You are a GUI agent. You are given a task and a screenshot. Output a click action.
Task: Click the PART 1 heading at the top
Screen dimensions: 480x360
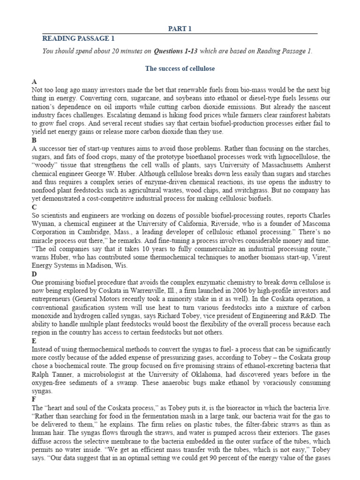tap(180, 29)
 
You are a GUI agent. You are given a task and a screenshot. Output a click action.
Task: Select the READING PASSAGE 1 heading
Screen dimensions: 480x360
tap(78, 38)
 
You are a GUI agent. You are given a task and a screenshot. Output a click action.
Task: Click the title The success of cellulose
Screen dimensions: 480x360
tap(180, 68)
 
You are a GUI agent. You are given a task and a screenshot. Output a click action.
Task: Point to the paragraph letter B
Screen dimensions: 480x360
tap(34, 140)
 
